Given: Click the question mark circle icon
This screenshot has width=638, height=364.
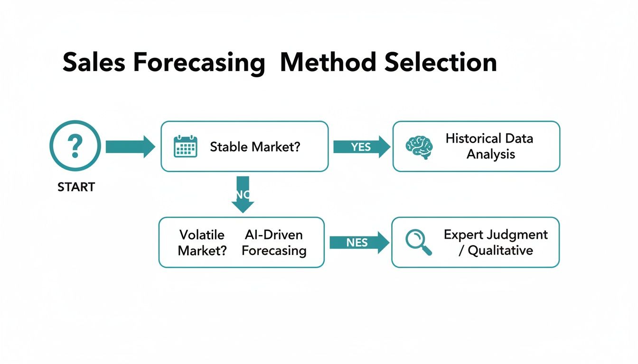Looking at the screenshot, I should tap(75, 146).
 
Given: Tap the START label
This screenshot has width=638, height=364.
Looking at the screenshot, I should tap(76, 187).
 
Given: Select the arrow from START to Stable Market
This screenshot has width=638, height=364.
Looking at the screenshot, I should tap(130, 146).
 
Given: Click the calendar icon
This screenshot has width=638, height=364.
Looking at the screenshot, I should tap(185, 146).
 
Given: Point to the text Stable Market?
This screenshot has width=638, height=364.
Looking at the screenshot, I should tap(255, 146).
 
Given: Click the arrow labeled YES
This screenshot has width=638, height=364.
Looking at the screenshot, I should tap(361, 147).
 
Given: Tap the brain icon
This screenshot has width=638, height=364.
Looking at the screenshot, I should tap(419, 146).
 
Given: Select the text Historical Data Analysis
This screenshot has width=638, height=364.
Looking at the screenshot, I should tap(489, 146).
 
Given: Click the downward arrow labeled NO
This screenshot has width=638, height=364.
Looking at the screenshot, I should tap(243, 194).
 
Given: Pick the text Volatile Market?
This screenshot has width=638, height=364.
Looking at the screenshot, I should tap(202, 242).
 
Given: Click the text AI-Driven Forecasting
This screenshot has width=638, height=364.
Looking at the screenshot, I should tap(274, 242).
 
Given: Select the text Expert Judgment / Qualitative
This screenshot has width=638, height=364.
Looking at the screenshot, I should tap(496, 242).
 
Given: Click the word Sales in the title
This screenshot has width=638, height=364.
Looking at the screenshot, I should tap(94, 62).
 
